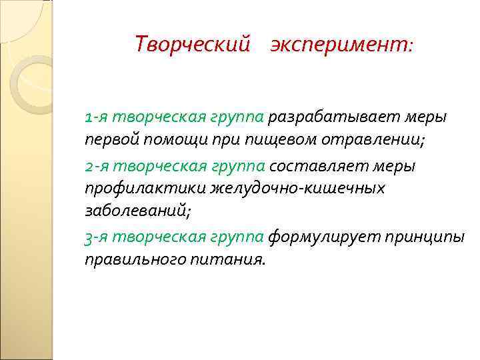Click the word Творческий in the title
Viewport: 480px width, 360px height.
point(193,45)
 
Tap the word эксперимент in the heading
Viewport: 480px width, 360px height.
point(341,45)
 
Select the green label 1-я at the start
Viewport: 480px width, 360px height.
point(97,117)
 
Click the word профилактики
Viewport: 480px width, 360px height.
point(145,189)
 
